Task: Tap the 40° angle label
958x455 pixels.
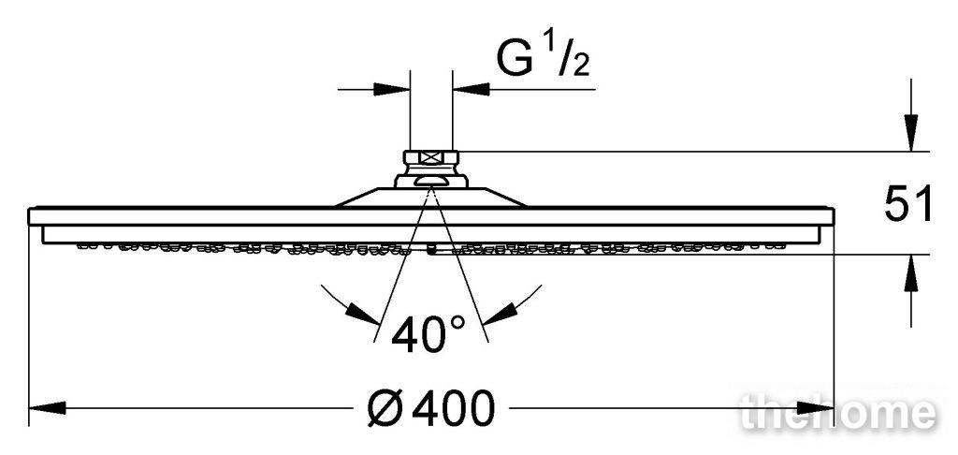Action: click(x=428, y=334)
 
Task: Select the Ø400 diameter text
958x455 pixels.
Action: click(x=430, y=408)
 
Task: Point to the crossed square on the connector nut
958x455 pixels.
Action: click(x=431, y=157)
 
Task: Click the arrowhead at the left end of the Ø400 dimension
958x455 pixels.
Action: click(x=47, y=407)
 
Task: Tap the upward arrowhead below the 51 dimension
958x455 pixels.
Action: click(x=911, y=272)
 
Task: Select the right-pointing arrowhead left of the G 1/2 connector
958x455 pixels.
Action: click(x=392, y=89)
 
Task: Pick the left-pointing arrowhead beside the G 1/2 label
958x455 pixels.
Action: click(x=472, y=89)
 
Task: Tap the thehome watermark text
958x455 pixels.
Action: click(x=837, y=413)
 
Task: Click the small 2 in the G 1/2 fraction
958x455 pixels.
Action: click(x=581, y=66)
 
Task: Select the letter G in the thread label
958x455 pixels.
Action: click(x=514, y=60)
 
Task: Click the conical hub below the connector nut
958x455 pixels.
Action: click(x=430, y=197)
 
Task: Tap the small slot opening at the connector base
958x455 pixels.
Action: click(x=430, y=181)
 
